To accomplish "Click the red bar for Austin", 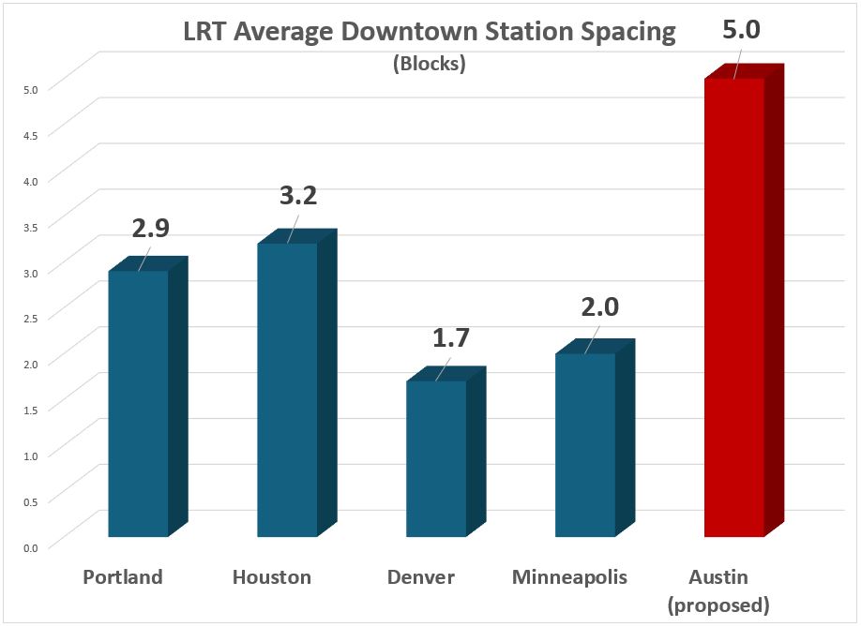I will click(x=733, y=309).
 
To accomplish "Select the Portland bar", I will click(x=139, y=403).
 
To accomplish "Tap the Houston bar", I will click(x=287, y=389).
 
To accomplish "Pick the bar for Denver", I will click(x=436, y=459).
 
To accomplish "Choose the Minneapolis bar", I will click(x=585, y=445).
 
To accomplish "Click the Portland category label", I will click(x=123, y=576).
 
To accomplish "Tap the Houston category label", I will click(x=272, y=576).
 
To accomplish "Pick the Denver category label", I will click(x=421, y=576).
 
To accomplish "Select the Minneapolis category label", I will click(x=569, y=576).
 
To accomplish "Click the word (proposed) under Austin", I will click(x=718, y=605).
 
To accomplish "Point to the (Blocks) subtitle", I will click(x=430, y=66).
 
